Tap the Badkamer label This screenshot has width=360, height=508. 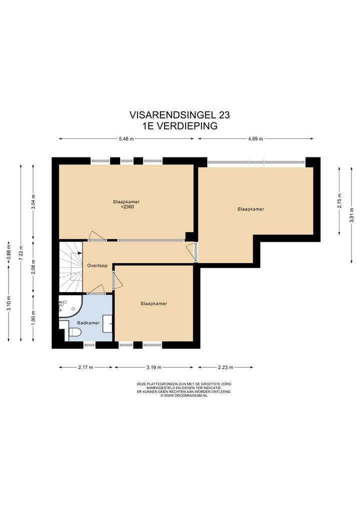(88, 323)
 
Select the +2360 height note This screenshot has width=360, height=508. (126, 207)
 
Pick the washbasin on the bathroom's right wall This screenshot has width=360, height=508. (107, 323)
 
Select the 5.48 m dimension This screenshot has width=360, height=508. (126, 139)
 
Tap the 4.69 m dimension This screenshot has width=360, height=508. (255, 139)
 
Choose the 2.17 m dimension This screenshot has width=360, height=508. (85, 367)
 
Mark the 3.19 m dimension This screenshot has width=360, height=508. (153, 367)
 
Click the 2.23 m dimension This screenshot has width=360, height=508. (225, 367)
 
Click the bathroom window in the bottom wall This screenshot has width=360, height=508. (89, 345)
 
